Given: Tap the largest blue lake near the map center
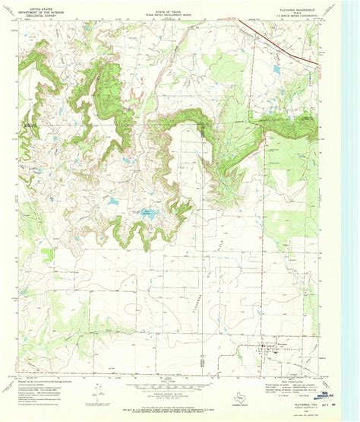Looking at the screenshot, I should [144, 214].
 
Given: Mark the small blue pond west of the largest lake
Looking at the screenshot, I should [113, 202].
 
